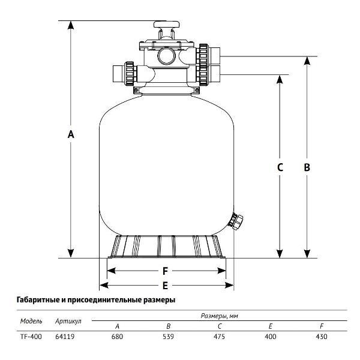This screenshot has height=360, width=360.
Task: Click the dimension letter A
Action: point(71,135)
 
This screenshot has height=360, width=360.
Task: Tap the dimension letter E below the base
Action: point(165,286)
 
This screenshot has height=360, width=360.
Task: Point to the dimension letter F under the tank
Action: point(165,271)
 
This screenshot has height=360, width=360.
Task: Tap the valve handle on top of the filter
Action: point(167,26)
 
